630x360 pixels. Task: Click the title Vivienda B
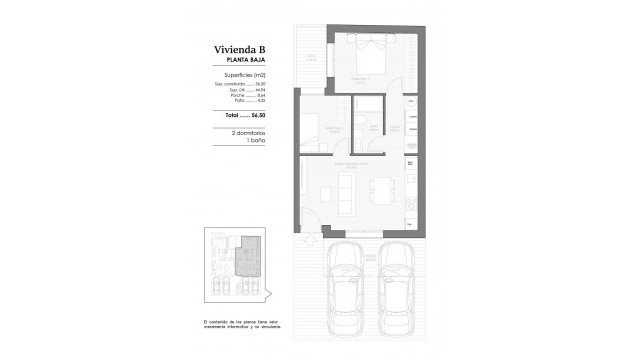239,48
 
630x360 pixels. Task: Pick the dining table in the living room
385,191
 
